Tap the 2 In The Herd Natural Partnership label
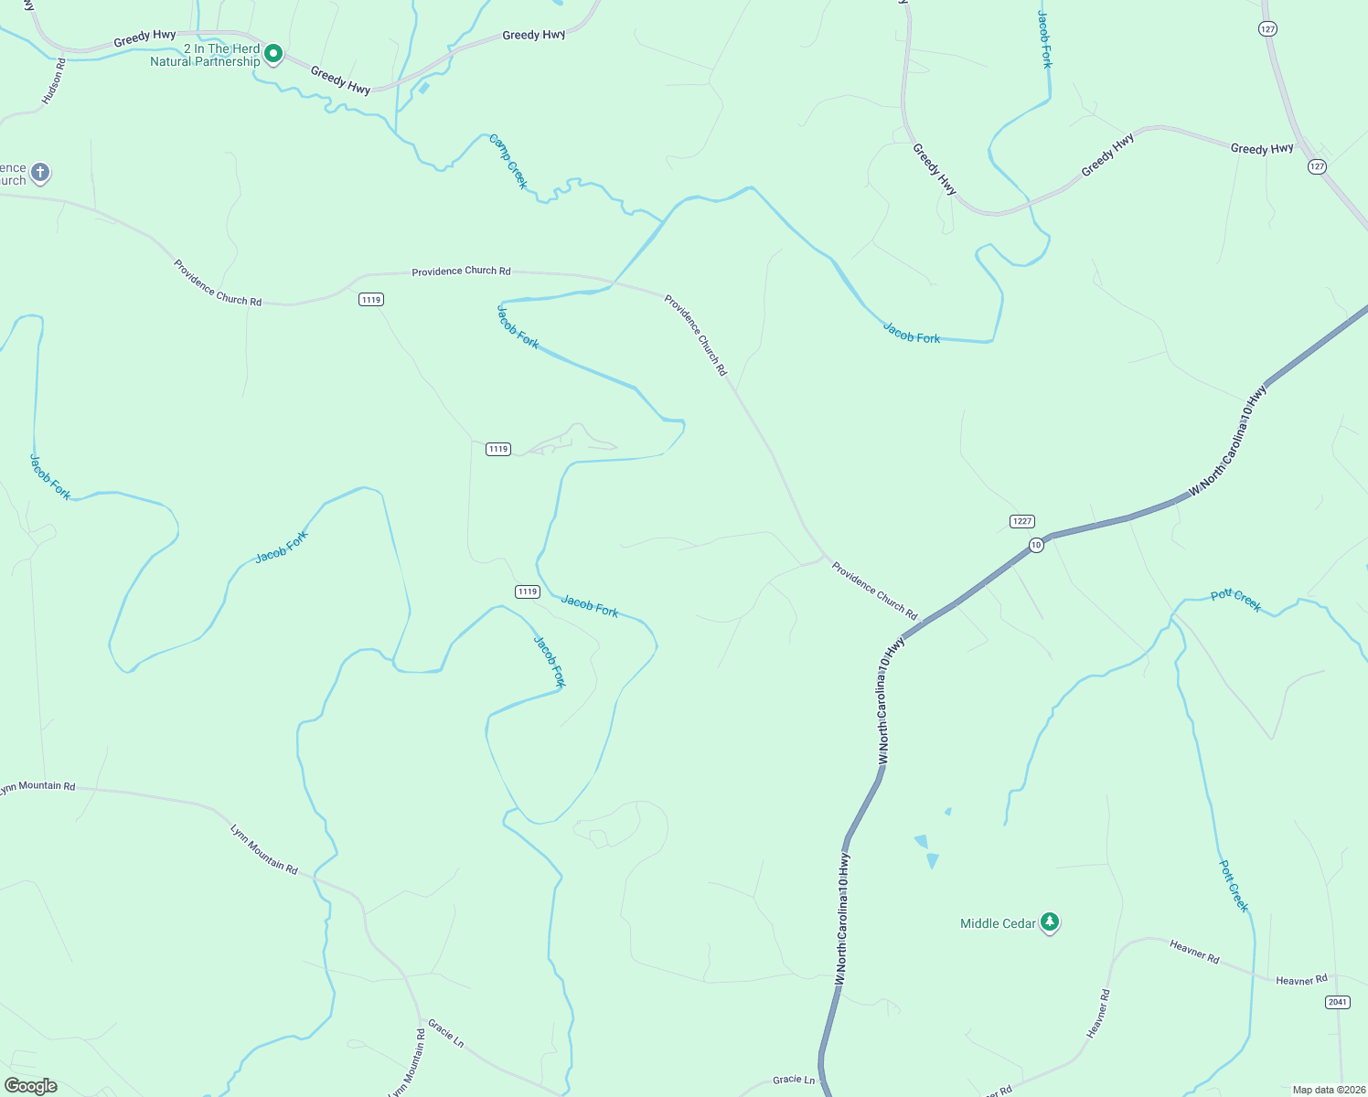pos(206,55)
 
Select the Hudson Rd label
pos(54,80)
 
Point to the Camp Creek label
pos(508,162)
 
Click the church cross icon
pos(39,172)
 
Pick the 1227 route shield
pos(1021,521)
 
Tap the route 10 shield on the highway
pos(1035,545)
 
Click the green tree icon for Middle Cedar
pos(1050,922)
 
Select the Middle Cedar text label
pos(998,923)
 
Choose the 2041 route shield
pos(1337,1002)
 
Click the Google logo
pos(31,1086)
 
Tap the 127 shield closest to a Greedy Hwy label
pos(1316,166)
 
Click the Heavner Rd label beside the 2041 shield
pos(1300,980)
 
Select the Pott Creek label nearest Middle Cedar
pos(1234,885)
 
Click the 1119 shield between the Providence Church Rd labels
pos(370,300)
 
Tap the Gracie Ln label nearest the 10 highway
pos(793,1080)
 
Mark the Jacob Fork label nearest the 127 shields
pos(1044,39)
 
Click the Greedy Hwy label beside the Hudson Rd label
pos(144,38)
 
